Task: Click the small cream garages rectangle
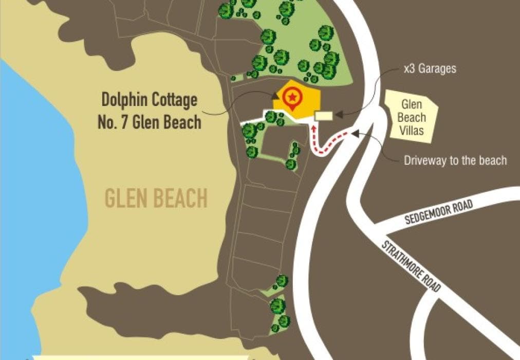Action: (324, 116)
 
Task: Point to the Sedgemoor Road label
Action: (438, 211)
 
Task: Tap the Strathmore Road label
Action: (411, 265)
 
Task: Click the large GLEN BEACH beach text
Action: (156, 198)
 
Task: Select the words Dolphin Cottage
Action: (149, 100)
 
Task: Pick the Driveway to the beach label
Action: (455, 160)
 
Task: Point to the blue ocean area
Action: (31, 206)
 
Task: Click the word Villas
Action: (413, 131)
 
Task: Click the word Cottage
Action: (174, 100)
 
